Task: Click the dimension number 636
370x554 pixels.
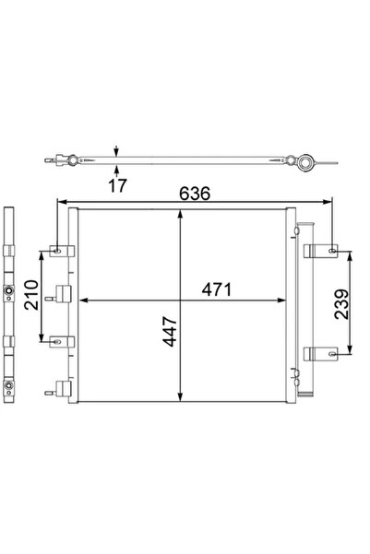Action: pyautogui.click(x=194, y=194)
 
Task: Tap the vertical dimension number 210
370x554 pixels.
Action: pyautogui.click(x=30, y=296)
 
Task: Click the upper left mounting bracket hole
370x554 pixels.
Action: pyautogui.click(x=59, y=250)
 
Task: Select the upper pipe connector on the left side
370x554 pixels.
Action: pyautogui.click(x=63, y=295)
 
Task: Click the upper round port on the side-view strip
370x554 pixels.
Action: pyautogui.click(x=9, y=295)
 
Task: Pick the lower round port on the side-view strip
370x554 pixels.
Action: pyautogui.click(x=9, y=387)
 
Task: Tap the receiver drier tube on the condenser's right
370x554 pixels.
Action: pyautogui.click(x=294, y=304)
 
